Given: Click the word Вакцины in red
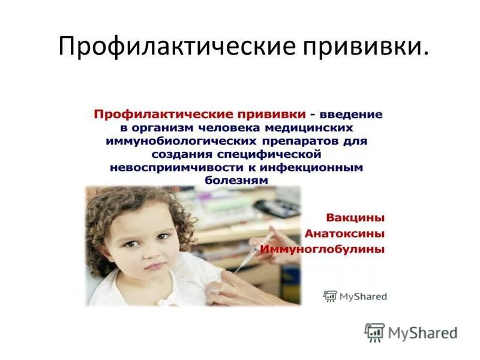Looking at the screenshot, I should [355, 217].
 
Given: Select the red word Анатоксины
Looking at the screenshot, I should [344, 233].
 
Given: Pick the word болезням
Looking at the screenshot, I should [236, 180].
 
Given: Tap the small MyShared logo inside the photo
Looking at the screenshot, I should [355, 296].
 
